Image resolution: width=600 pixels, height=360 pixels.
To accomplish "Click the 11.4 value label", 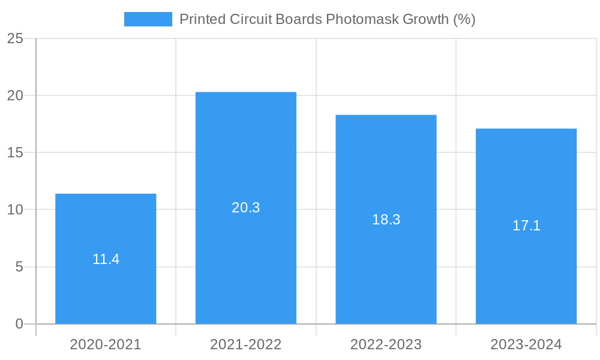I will [x=106, y=259].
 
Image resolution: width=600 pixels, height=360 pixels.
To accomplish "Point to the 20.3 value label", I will [x=246, y=208].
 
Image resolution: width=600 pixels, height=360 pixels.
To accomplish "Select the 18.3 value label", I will [x=386, y=220].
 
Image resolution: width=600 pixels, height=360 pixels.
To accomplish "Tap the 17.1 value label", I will [x=526, y=226].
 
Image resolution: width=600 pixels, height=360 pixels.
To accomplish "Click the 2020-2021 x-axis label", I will [x=106, y=344].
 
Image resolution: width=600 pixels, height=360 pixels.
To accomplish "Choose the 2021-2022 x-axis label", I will [x=246, y=344].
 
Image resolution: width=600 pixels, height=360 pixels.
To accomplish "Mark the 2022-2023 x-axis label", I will [x=386, y=344].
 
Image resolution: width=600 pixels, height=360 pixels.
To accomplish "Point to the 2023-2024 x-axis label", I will [x=526, y=344].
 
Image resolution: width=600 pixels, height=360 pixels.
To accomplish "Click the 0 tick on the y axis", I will [x=19, y=324].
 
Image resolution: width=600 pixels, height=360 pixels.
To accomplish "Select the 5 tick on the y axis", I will [x=19, y=267].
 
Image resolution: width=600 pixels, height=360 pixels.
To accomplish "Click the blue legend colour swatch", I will [x=148, y=19].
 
